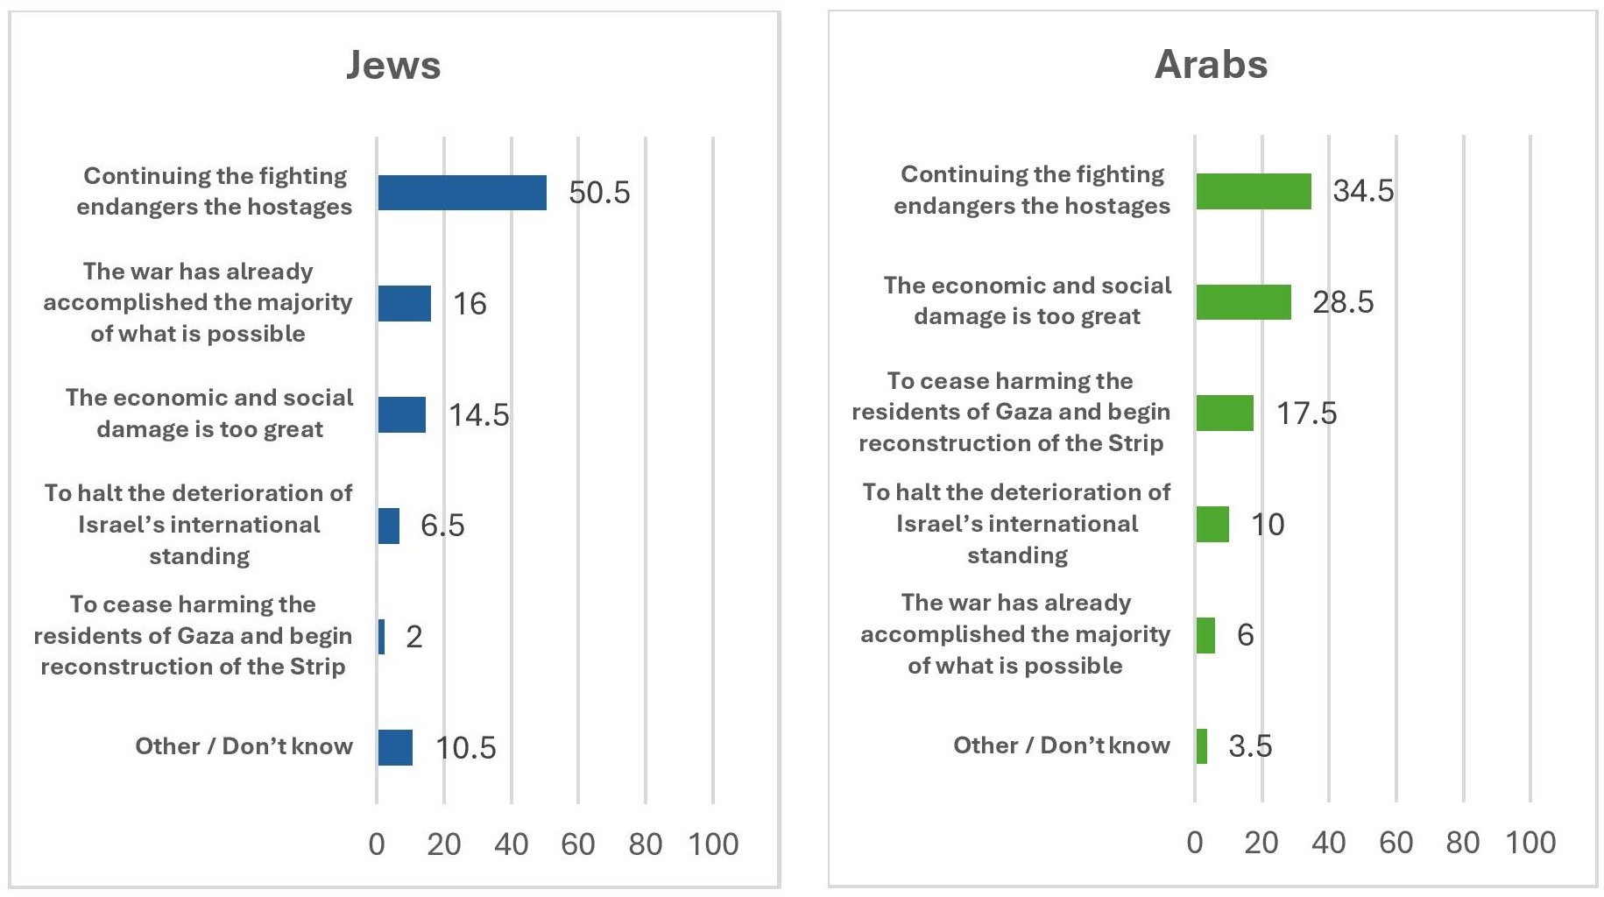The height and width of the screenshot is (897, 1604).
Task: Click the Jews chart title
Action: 393,65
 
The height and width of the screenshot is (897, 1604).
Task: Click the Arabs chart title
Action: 1211,64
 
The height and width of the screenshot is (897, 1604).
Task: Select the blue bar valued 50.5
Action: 462,193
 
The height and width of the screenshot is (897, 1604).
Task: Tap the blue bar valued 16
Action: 404,303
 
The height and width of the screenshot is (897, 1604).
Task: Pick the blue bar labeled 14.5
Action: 401,414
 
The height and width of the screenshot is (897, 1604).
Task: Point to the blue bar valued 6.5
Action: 388,526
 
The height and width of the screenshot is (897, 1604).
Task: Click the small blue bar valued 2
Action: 381,637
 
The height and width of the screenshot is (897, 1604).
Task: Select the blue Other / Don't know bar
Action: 395,747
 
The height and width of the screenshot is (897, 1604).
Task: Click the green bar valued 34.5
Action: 1254,191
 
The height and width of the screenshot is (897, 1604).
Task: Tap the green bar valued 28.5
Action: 1243,302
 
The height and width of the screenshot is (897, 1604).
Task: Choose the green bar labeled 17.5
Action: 1225,413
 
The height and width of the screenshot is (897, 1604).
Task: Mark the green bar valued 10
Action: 1212,524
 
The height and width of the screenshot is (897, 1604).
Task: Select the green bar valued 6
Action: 1205,635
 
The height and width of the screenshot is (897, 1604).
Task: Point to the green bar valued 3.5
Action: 1201,746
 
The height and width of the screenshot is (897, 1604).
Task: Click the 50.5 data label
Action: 599,193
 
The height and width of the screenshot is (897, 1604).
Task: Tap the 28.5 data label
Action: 1343,302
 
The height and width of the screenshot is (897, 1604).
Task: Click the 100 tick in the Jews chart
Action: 713,844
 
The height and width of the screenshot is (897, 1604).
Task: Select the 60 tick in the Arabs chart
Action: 1396,843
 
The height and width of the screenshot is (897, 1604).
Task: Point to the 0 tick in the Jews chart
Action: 377,844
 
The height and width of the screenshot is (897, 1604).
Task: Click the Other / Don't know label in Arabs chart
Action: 1061,745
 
